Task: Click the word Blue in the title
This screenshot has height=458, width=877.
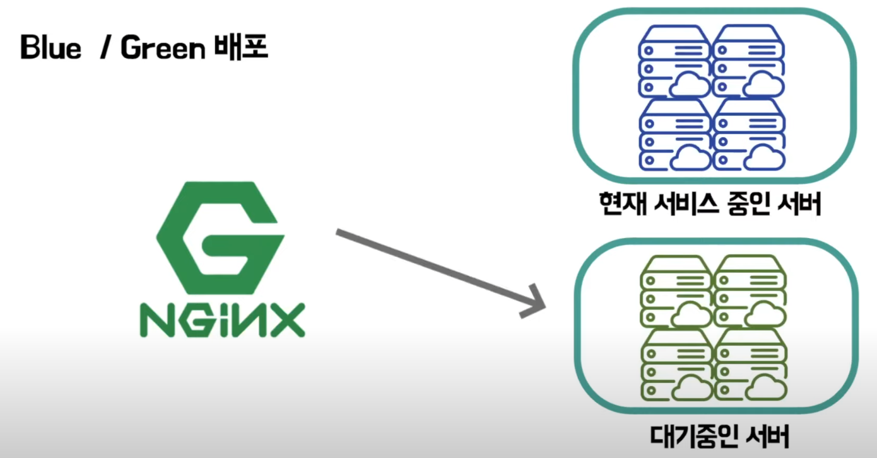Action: coord(51,48)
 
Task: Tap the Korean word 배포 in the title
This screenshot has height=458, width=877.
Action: coord(244,48)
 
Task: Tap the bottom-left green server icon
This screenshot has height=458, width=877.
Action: coord(676,365)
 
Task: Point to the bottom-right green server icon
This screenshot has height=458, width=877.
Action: coord(750,365)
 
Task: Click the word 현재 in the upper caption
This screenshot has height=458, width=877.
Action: coord(620,204)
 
